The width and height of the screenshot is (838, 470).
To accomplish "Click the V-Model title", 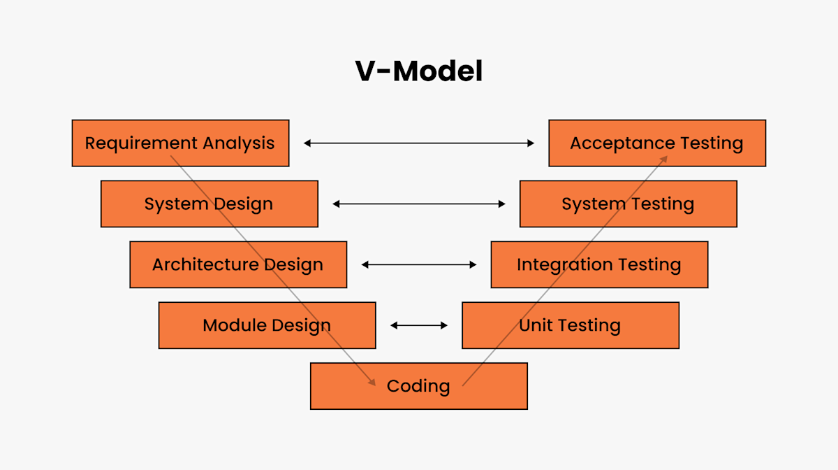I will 419,71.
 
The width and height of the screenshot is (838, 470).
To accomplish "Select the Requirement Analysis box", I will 180,143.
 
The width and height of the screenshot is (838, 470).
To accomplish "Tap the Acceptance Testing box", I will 656,143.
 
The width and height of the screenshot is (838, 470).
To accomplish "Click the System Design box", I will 209,204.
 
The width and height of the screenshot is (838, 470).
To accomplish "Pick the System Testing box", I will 628,204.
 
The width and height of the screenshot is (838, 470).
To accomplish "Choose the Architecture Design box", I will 237,264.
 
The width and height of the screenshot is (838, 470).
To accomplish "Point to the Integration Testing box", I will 598,264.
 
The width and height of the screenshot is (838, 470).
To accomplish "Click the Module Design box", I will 267,325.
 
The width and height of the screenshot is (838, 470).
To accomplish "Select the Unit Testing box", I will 570,325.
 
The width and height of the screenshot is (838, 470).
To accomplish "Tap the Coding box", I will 418,385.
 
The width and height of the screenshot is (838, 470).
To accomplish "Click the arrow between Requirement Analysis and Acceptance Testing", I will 419,143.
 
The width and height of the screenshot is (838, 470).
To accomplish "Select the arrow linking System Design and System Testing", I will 419,204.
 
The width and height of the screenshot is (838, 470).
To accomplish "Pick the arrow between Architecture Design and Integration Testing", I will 419,264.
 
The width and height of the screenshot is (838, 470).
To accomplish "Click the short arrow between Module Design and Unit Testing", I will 419,325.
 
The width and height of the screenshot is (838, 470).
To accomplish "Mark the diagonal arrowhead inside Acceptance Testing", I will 663,159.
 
